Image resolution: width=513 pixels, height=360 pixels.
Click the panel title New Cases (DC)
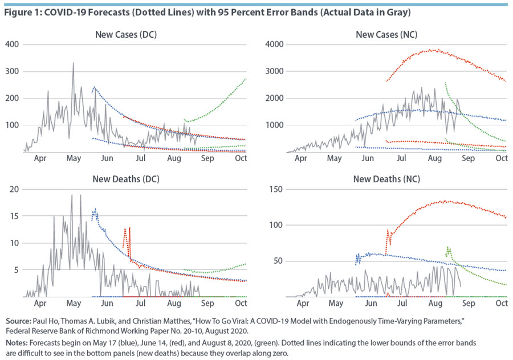pos(125,35)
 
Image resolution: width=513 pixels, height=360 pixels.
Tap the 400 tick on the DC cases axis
pos(12,44)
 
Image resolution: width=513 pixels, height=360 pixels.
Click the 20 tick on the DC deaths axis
pos(14,189)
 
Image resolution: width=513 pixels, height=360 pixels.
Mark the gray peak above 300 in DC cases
pos(73,63)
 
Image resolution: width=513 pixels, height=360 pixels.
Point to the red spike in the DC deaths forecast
pos(129,228)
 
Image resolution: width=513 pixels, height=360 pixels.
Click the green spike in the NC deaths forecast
pos(448,248)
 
